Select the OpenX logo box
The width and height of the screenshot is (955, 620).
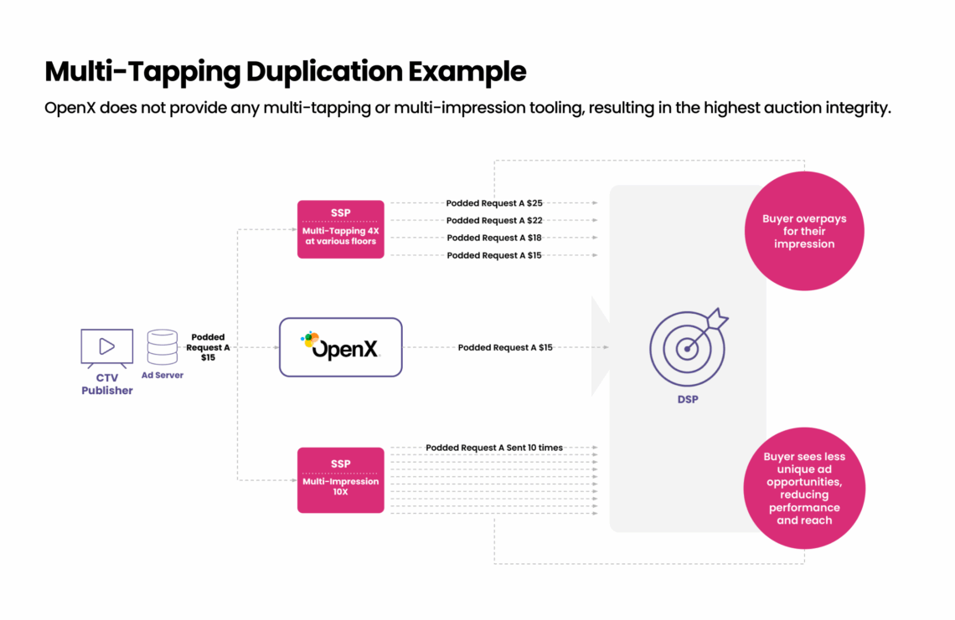click(340, 346)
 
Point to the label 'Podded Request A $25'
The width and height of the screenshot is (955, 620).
click(494, 203)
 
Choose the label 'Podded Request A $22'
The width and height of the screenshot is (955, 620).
click(494, 221)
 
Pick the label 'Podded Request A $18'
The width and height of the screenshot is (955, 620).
click(494, 238)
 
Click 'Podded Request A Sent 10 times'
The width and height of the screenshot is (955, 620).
click(494, 448)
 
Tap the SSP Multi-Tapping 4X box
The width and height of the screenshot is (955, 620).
click(340, 228)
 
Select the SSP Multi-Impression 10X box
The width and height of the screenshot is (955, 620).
click(340, 479)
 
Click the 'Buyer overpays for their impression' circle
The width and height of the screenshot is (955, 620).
click(803, 231)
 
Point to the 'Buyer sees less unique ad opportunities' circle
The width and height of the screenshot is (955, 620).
click(803, 489)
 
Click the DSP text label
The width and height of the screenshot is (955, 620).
click(687, 400)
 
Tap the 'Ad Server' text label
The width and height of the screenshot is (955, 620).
click(162, 376)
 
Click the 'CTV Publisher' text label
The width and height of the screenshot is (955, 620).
click(106, 384)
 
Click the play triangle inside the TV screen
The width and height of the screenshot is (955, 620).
click(106, 346)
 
